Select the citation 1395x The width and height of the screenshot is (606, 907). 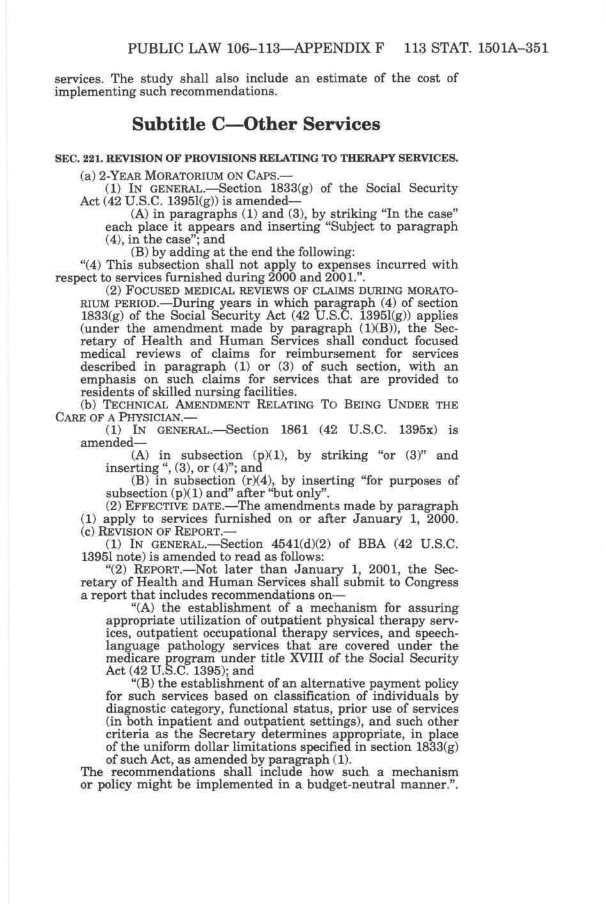pos(416,430)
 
